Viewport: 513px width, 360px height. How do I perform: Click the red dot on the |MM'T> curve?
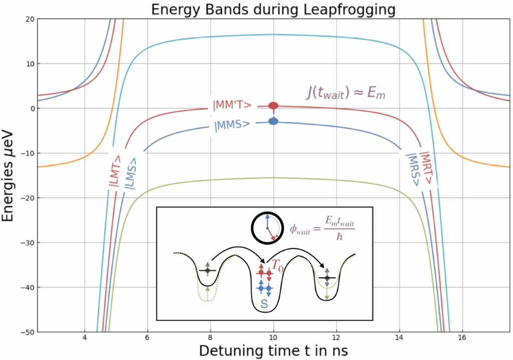tap(274, 105)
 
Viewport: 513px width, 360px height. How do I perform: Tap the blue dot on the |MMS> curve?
tap(274, 121)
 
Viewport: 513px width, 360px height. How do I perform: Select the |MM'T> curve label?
tap(232, 105)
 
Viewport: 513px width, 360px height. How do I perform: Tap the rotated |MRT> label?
tap(426, 168)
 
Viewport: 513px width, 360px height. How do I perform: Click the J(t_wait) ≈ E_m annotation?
tap(348, 93)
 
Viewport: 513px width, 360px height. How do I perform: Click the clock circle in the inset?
tap(267, 227)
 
